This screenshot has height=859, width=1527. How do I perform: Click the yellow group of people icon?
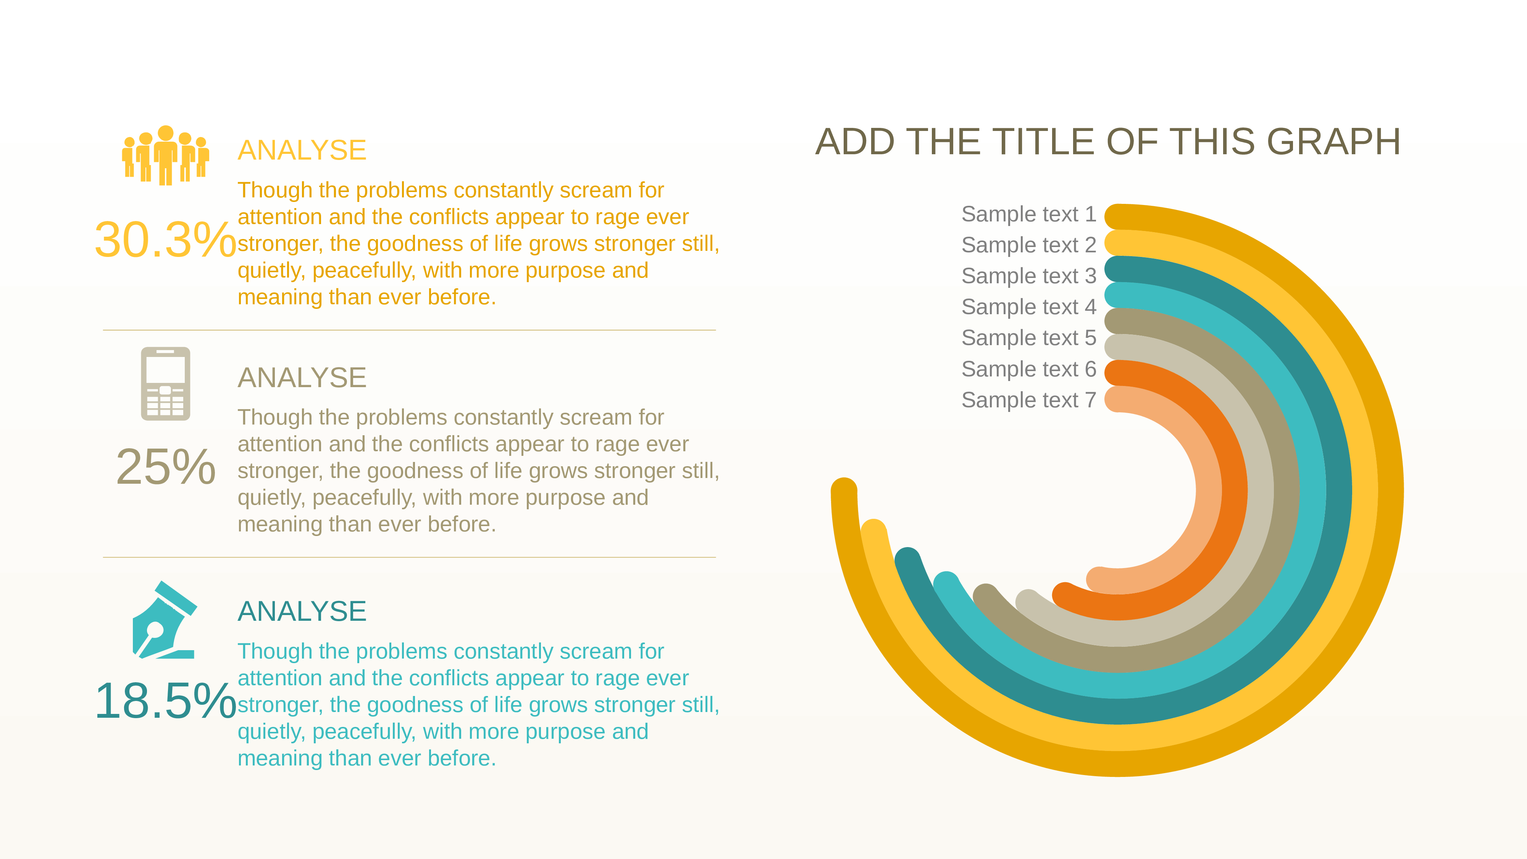[165, 155]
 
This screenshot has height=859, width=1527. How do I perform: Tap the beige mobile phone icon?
[165, 384]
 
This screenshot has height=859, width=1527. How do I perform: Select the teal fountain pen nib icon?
[164, 620]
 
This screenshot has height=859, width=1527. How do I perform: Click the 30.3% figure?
[165, 239]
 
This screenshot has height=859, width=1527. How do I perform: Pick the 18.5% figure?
[165, 701]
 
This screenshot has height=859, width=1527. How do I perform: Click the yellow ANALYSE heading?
[302, 150]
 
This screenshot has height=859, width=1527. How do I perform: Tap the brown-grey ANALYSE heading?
[302, 378]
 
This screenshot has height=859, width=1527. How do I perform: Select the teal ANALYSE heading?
[302, 611]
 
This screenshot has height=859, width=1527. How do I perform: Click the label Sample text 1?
[1028, 214]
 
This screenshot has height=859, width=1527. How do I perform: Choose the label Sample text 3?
[1028, 276]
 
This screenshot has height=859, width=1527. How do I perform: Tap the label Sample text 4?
[1028, 307]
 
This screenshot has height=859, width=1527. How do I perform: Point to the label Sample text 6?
[1028, 369]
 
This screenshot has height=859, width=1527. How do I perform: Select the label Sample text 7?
[1028, 400]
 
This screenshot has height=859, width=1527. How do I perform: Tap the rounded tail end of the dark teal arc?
[907, 560]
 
